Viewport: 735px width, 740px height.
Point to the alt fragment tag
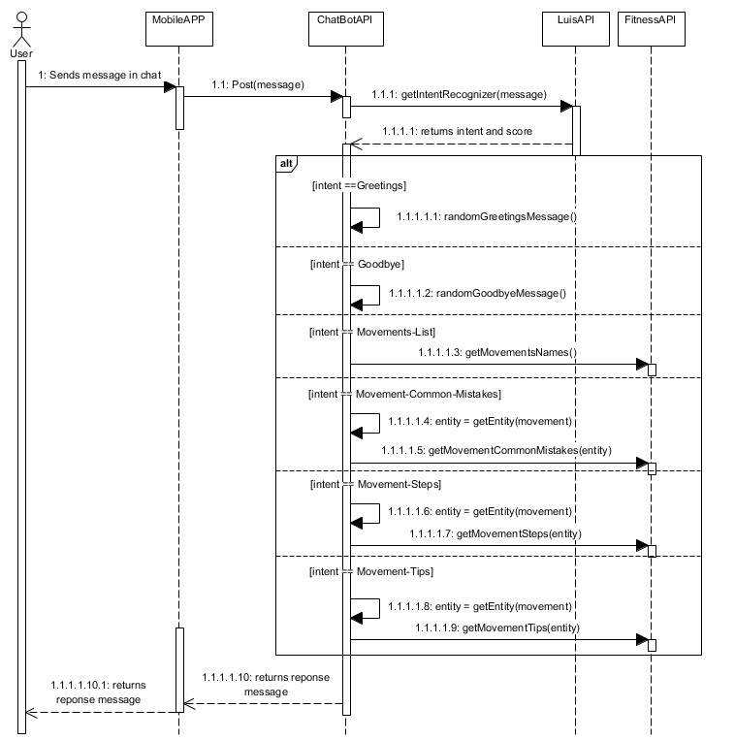[x=287, y=163]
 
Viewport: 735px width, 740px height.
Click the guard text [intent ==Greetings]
[x=359, y=184]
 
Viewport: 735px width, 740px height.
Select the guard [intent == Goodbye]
[x=356, y=264]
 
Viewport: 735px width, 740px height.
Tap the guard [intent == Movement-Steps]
[x=373, y=482]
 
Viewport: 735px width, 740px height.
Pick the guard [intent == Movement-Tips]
[x=370, y=571]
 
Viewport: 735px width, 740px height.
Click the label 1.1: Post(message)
[x=257, y=84]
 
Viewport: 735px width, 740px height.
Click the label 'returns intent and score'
[x=458, y=130]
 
